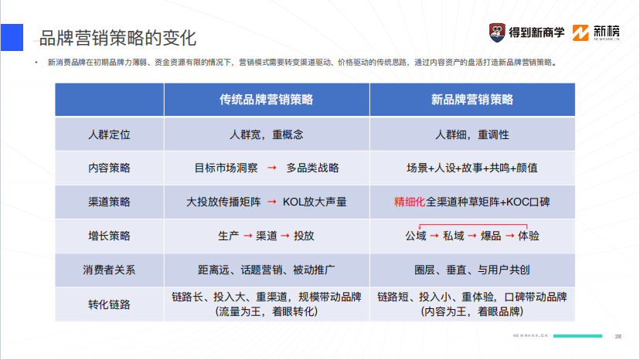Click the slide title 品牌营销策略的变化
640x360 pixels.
117,36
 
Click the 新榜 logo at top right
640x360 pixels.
600,32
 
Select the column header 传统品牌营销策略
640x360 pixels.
266,100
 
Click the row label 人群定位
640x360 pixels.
109,134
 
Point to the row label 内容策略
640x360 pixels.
109,168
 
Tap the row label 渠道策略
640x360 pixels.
109,202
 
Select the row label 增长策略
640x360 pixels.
109,236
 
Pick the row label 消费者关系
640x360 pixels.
109,270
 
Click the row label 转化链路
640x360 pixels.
109,304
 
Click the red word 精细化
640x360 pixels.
410,202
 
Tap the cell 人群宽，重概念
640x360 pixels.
266,134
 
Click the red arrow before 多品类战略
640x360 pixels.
271,168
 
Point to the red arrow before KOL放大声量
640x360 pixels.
271,202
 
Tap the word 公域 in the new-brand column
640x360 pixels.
415,236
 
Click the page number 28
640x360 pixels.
618,336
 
